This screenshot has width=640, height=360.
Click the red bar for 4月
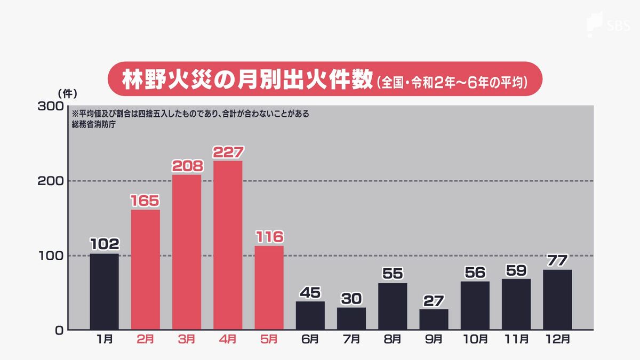pos(228,245)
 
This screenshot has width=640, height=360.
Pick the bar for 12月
pos(557,299)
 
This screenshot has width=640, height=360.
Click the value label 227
pos(228,152)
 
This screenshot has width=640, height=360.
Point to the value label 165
pos(145,201)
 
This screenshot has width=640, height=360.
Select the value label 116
pos(269,237)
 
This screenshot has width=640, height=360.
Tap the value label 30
pos(351,299)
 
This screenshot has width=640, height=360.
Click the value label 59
pos(516,270)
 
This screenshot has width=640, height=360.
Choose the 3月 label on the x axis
pos(187,339)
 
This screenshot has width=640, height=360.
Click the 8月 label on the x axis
pos(393,339)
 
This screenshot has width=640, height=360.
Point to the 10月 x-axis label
pos(475,339)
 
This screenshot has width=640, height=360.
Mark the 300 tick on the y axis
pos(51,106)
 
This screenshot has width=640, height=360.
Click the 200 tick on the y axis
pos(51,181)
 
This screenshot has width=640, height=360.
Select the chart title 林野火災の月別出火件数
pos(246,81)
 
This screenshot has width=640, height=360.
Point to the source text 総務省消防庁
pos(94,124)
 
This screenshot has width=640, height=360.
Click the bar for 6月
pos(310,315)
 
